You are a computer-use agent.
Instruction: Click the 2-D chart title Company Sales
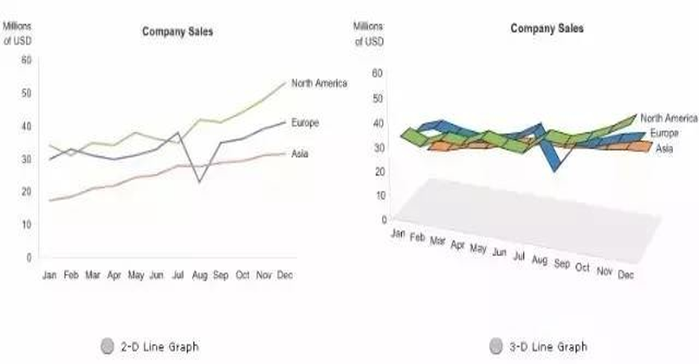tap(178, 32)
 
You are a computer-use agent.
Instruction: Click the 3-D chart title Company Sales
tap(547, 28)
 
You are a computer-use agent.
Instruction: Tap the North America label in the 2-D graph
tap(319, 83)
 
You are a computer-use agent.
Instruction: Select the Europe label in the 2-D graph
tap(304, 123)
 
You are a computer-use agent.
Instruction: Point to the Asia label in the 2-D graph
tap(300, 153)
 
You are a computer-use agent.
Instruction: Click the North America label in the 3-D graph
tap(668, 118)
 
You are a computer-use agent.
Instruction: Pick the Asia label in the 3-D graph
tap(664, 148)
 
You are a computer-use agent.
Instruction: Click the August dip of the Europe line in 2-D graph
tap(199, 181)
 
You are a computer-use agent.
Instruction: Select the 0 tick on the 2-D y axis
tap(28, 257)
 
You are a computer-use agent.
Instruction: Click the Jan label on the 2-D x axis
tap(50, 276)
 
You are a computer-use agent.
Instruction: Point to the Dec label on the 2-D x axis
tap(285, 276)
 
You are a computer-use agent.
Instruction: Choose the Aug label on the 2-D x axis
tap(199, 276)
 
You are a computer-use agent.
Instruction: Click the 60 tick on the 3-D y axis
tap(377, 73)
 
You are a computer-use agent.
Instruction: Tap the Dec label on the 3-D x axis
tap(626, 275)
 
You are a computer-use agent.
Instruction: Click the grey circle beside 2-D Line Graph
tap(106, 346)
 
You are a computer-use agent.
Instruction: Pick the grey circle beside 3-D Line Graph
tap(496, 346)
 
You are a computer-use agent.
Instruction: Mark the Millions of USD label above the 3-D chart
tap(368, 34)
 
